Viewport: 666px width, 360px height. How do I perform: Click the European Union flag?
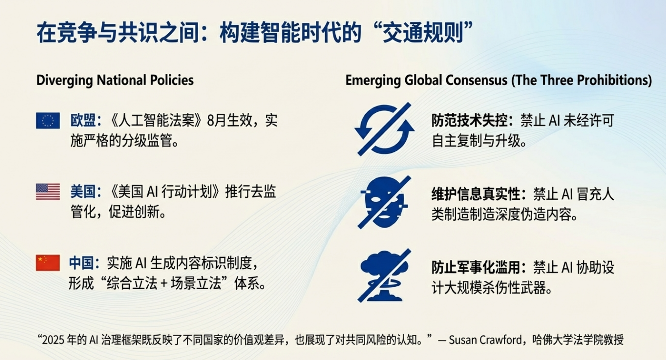tap(48, 121)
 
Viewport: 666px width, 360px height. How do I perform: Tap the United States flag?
tap(48, 192)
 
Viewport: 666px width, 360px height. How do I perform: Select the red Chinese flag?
tap(48, 263)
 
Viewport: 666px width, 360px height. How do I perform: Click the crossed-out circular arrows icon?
tap(384, 129)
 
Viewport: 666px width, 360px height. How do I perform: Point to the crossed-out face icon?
tap(384, 202)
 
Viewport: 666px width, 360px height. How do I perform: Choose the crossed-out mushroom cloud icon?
tap(384, 275)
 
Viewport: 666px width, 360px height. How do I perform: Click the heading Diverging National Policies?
tap(115, 80)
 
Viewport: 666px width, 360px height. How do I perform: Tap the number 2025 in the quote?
tap(53, 340)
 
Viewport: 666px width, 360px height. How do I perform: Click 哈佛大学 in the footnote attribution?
tap(553, 340)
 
